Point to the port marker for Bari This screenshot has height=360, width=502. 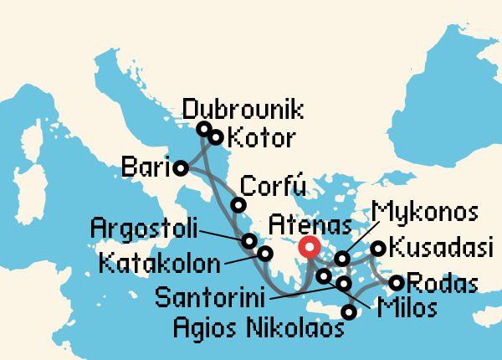(x=182, y=168)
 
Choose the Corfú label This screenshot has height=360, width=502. (x=268, y=186)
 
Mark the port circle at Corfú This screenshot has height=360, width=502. (x=238, y=205)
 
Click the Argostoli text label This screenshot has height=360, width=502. (x=143, y=227)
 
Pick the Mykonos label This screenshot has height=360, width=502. (x=425, y=208)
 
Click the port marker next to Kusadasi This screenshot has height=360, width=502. (x=378, y=248)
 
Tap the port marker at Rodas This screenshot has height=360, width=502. (x=397, y=283)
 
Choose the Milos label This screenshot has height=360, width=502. (x=407, y=309)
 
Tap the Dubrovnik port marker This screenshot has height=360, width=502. (x=203, y=129)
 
